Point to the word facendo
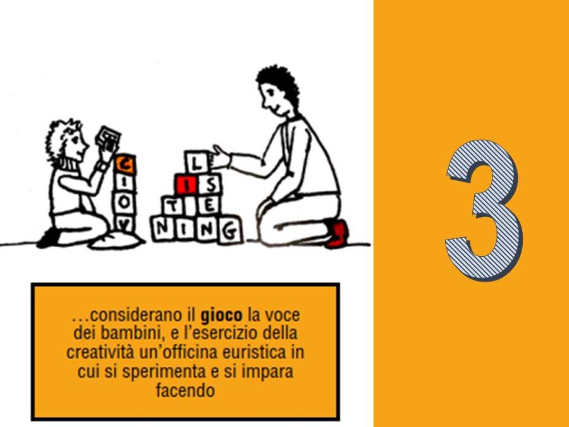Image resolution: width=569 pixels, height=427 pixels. click(x=185, y=391)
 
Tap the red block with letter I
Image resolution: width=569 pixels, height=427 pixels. click(x=186, y=185)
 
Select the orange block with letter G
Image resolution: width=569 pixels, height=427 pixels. click(x=125, y=165)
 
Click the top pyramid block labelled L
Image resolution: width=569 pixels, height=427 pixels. click(x=197, y=162)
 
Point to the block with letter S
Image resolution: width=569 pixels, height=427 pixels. click(x=209, y=185)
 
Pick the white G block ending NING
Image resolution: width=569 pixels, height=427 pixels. click(x=229, y=230)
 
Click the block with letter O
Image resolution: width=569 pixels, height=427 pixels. click(x=125, y=202)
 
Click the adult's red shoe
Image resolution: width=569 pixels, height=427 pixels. click(x=338, y=233)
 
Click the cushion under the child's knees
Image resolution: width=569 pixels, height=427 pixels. click(x=116, y=241)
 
